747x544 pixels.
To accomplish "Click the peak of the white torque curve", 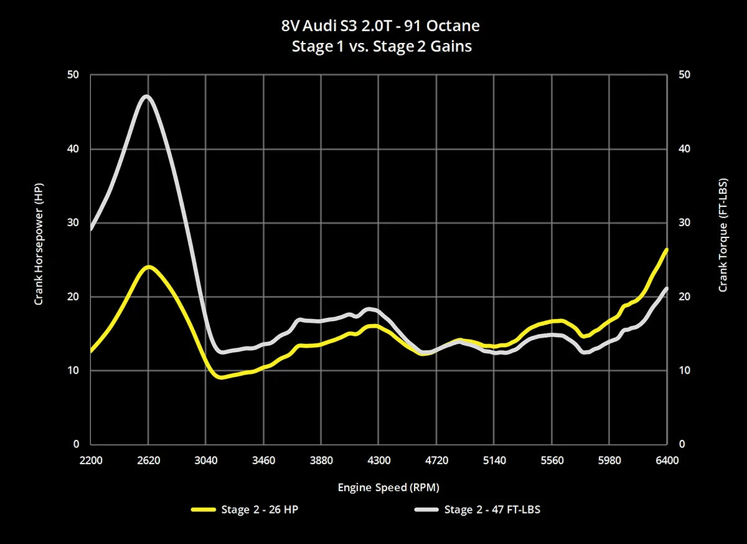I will coord(147,97).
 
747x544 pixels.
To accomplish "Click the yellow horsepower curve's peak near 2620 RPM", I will coord(148,267).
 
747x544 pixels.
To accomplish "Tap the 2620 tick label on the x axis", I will coord(148,460).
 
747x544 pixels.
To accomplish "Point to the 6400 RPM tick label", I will coord(667,460).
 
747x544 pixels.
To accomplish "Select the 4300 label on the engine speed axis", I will coord(379,460).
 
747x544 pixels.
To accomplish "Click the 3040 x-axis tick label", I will coord(206,460).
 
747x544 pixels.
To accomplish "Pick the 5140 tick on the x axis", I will coord(494,460).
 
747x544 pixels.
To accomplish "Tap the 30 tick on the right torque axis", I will coord(684,222).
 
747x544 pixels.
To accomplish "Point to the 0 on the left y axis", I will coord(77,444).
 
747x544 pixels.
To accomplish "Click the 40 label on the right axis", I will coord(684,149).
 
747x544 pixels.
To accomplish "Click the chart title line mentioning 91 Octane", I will coord(380,27).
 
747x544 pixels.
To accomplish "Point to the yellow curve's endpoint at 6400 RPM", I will coord(666,250).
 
